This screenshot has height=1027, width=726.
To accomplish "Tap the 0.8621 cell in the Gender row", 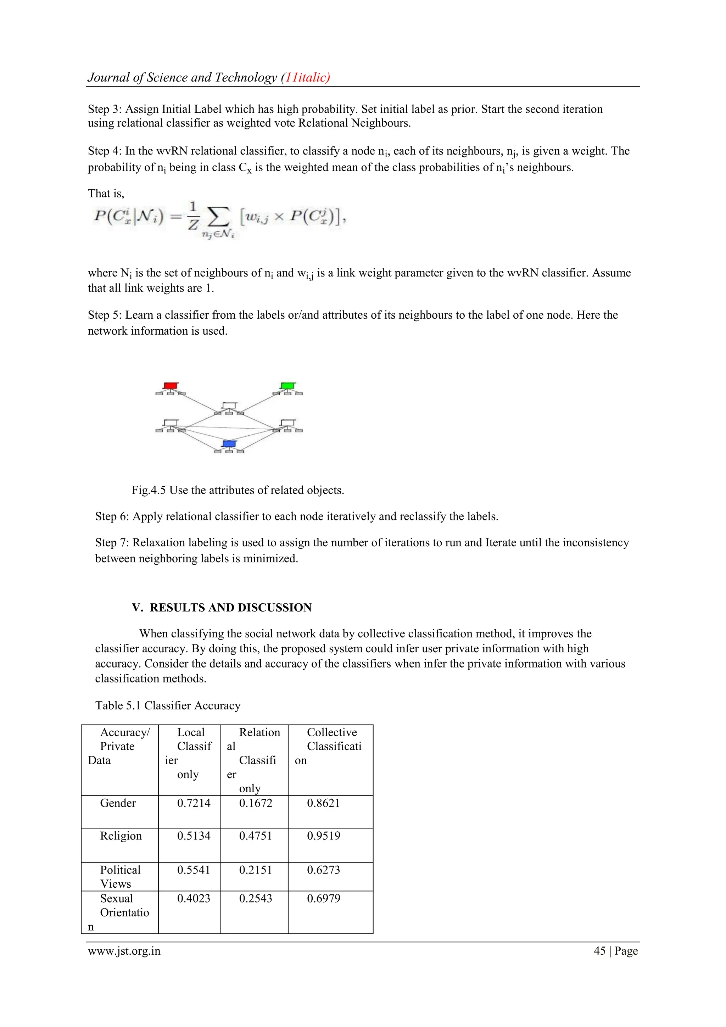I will click(323, 803).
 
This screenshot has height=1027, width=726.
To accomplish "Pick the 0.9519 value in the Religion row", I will click(323, 836).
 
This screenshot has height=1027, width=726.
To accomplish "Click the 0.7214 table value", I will click(194, 803).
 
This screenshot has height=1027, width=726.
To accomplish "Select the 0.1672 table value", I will click(256, 803).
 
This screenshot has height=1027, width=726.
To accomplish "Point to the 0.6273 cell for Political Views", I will click(323, 870).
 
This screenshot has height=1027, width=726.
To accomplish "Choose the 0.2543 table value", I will click(256, 898).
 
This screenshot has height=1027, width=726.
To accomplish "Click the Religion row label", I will click(121, 836).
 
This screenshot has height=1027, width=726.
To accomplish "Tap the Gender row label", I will click(118, 803).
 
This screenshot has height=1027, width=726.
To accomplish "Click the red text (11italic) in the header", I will click(306, 77).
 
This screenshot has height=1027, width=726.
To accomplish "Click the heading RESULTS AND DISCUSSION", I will click(230, 607).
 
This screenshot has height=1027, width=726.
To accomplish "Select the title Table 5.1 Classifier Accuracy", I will click(168, 705).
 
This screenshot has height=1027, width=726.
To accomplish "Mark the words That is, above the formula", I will click(106, 193).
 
